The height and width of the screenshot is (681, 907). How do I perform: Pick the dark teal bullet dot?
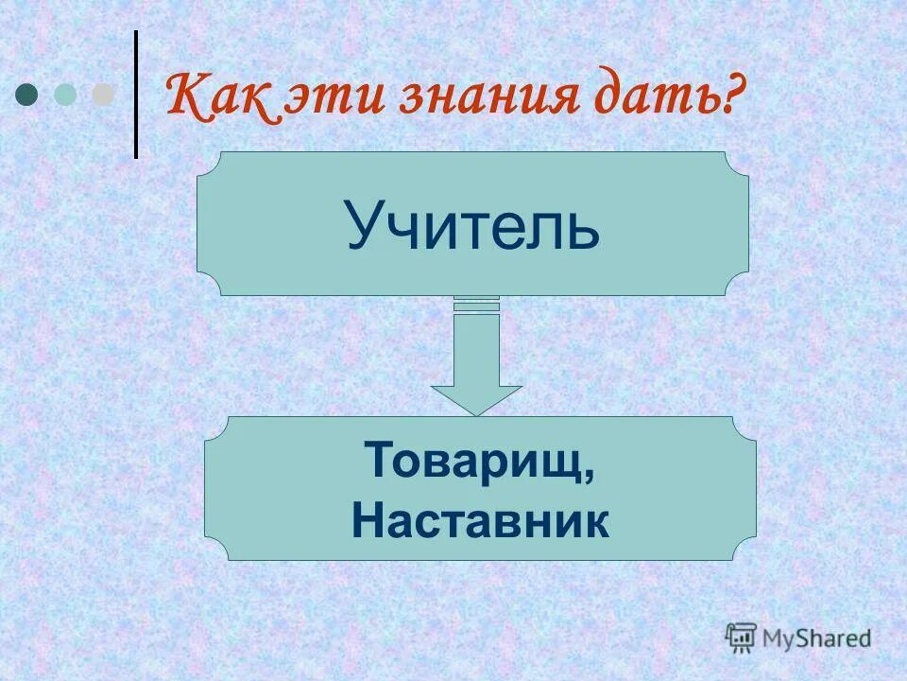(x=28, y=94)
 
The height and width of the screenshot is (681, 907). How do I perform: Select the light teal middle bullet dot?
(x=65, y=94)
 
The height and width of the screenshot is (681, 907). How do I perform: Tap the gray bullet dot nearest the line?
(x=102, y=94)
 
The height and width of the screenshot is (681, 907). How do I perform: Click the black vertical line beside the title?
(x=135, y=95)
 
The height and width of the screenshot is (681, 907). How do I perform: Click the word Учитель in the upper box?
(x=472, y=225)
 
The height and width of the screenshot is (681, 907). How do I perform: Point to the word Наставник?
(x=481, y=521)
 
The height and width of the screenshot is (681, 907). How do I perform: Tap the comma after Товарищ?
(x=590, y=478)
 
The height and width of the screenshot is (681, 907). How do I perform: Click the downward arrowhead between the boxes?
(x=476, y=397)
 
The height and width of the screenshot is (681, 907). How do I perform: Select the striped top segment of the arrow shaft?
(x=476, y=303)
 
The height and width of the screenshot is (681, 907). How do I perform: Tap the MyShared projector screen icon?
(x=742, y=636)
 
